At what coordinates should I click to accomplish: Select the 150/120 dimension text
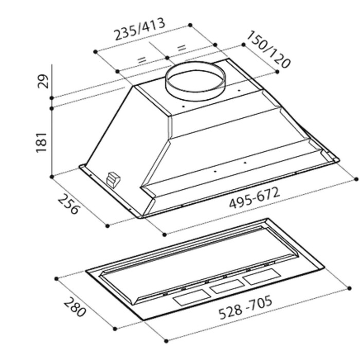coord(268,49)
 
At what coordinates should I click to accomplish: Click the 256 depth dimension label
coord(68,204)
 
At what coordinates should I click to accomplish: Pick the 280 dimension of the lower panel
coord(74,307)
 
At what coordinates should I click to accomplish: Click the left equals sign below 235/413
coord(141,60)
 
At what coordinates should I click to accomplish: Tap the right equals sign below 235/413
coord(182,48)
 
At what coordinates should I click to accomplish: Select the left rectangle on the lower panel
coord(188,300)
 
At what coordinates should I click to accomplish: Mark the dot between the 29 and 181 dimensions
coord(52,107)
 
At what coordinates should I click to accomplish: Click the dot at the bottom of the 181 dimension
coord(52,176)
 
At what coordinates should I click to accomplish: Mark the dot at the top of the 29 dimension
coord(52,97)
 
